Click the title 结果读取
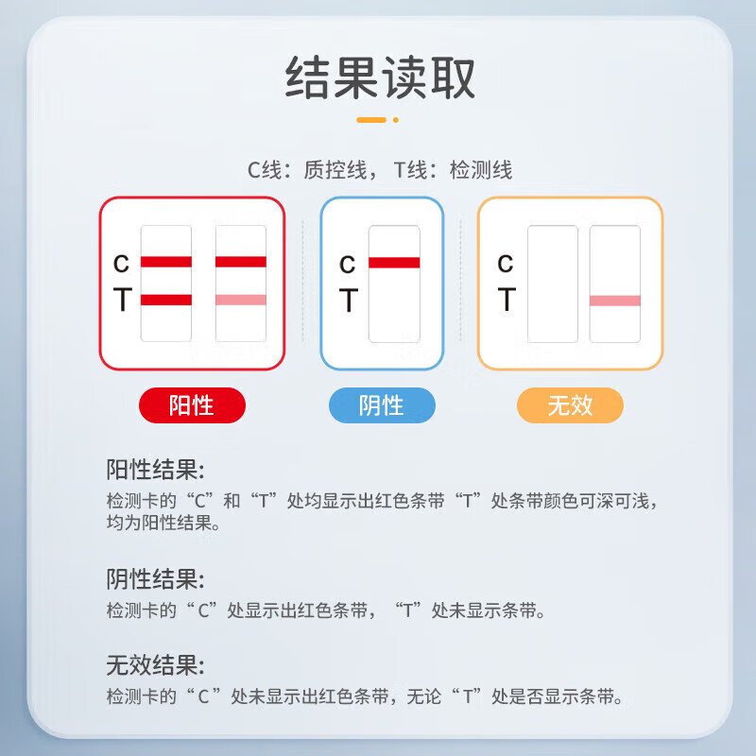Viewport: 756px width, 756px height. (381, 77)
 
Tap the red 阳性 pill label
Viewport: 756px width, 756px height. (192, 405)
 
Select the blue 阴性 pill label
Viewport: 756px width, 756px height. (382, 405)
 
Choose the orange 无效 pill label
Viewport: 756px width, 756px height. (570, 405)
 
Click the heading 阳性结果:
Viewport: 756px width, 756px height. (155, 470)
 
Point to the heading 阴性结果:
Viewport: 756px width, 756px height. (155, 579)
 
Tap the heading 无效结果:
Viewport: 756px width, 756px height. (155, 664)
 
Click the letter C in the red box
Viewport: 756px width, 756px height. (121, 264)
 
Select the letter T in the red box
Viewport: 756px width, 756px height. (121, 301)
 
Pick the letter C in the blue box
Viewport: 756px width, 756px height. (348, 264)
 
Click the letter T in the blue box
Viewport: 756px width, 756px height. (348, 301)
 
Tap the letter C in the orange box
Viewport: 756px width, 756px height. (506, 264)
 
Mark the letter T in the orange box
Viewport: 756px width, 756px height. (506, 301)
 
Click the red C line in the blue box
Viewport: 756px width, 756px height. (394, 263)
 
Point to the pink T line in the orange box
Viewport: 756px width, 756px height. (615, 301)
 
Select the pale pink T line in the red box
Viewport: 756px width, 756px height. (241, 300)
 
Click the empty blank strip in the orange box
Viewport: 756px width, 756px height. (553, 283)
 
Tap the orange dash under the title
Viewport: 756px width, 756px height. (371, 120)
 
